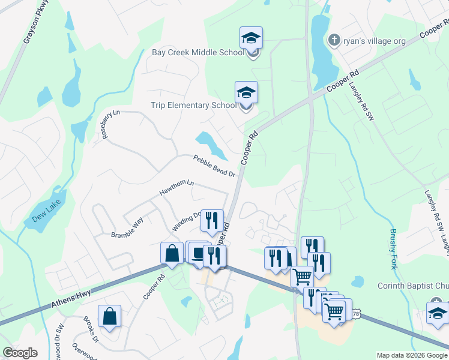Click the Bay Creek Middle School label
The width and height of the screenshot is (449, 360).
197,52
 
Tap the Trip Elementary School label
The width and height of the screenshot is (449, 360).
193,105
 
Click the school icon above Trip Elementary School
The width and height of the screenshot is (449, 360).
246,93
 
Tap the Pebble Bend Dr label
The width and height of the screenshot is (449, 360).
214,166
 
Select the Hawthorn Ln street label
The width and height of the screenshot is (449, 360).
177,188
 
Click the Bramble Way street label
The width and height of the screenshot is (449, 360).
127,228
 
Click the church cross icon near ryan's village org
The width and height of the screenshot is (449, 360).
334,40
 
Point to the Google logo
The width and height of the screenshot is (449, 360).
20,353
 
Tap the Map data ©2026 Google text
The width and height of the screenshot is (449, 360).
412,355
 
